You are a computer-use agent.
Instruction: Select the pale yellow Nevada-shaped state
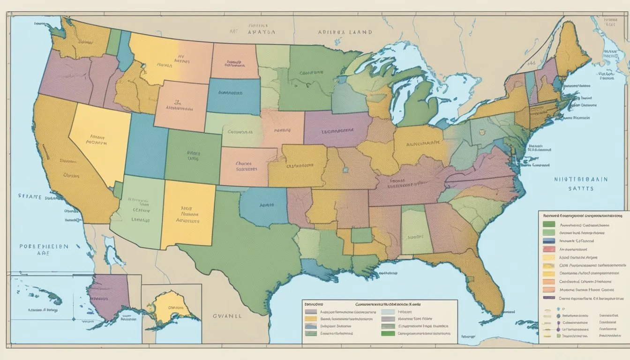click(x=96, y=141)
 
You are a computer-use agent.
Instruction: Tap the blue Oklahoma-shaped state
click(x=265, y=205)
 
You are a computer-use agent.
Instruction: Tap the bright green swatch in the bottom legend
click(x=388, y=334)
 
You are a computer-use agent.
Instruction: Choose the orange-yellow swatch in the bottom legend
click(x=311, y=319)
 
